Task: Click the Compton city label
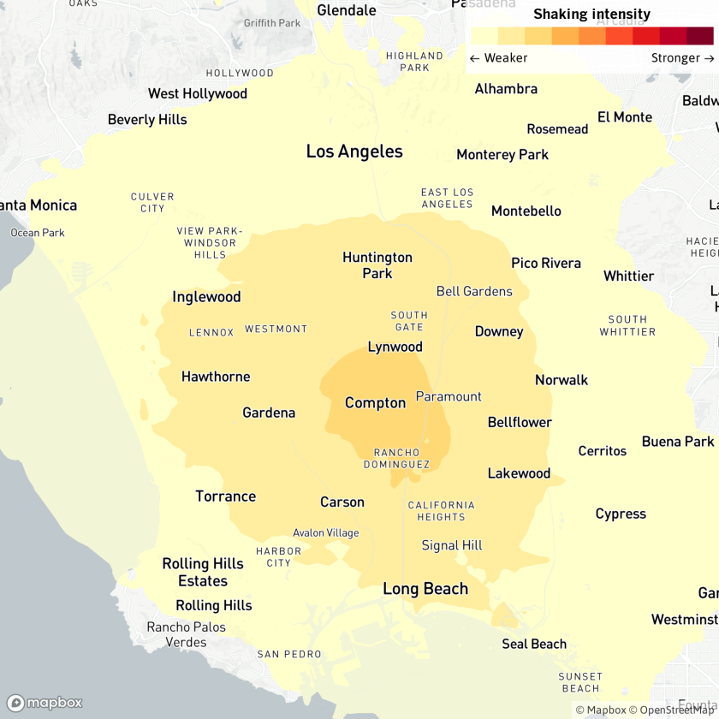pyautogui.click(x=375, y=403)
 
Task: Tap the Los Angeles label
pyautogui.click(x=354, y=152)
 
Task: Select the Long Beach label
pyautogui.click(x=425, y=589)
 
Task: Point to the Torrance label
pyautogui.click(x=225, y=496)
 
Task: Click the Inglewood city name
pyautogui.click(x=206, y=297)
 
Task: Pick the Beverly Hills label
pyautogui.click(x=147, y=120)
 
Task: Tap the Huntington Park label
pyautogui.click(x=377, y=265)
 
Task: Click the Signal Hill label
pyautogui.click(x=452, y=545)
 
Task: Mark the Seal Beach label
pyautogui.click(x=534, y=644)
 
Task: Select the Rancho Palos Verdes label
pyautogui.click(x=186, y=634)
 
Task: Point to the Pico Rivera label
pyautogui.click(x=546, y=263)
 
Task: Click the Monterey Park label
pyautogui.click(x=502, y=155)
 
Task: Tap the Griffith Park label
pyautogui.click(x=272, y=23)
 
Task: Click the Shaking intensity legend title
pyautogui.click(x=591, y=14)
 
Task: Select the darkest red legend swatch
pyautogui.click(x=699, y=36)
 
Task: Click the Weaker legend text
pyautogui.click(x=499, y=58)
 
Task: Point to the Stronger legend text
pyautogui.click(x=682, y=58)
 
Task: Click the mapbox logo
pyautogui.click(x=45, y=703)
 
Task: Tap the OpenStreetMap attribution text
pyautogui.click(x=673, y=710)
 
